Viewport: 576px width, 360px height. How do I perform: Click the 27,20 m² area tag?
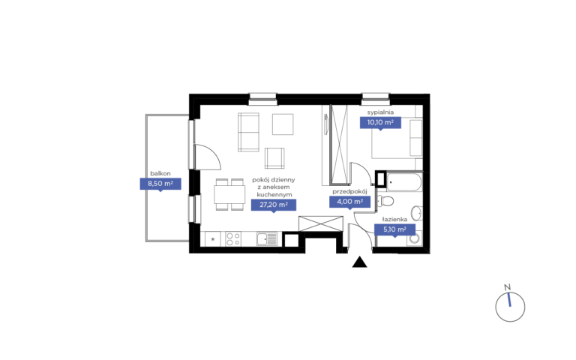click(x=273, y=205)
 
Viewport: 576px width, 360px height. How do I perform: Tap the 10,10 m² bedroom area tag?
click(x=380, y=123)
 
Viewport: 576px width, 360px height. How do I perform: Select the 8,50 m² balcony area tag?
click(x=160, y=184)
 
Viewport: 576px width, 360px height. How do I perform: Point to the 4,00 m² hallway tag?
click(x=349, y=202)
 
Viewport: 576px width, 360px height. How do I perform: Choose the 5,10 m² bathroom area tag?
click(x=395, y=230)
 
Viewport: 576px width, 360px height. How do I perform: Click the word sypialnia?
click(x=380, y=112)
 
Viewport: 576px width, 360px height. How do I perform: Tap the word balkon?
click(x=160, y=173)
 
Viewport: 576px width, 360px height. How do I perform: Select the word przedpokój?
click(x=349, y=191)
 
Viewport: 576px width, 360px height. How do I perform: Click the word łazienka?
click(x=395, y=219)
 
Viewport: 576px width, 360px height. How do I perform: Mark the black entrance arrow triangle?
click(x=360, y=262)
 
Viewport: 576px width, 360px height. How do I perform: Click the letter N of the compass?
click(x=507, y=287)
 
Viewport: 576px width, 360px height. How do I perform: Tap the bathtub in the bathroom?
click(x=403, y=182)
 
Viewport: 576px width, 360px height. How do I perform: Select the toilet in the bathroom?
click(x=385, y=201)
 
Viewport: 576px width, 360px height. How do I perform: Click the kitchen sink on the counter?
click(x=267, y=239)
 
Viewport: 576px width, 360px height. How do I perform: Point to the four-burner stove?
click(x=233, y=238)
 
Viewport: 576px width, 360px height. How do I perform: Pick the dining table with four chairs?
click(x=229, y=194)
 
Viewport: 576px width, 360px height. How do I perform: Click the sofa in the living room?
click(x=248, y=132)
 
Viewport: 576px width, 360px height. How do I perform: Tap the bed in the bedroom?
click(x=397, y=138)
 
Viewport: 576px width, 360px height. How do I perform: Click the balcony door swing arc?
click(x=212, y=152)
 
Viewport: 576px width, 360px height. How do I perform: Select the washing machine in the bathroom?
click(x=415, y=238)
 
